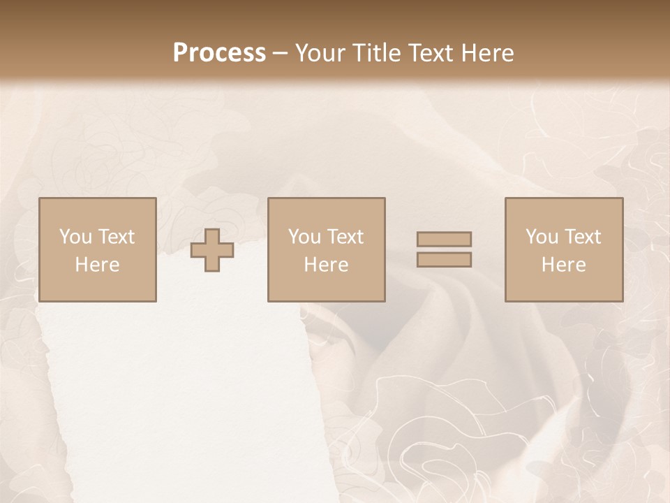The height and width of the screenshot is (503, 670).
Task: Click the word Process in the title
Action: [219, 53]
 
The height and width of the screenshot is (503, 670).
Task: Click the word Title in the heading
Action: [378, 53]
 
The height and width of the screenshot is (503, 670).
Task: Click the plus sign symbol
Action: [212, 250]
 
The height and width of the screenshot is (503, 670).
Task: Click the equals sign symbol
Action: [444, 249]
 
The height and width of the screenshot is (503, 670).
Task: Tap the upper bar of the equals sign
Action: [444, 239]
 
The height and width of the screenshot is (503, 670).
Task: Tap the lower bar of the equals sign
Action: [444, 260]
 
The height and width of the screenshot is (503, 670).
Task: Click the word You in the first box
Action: [75, 237]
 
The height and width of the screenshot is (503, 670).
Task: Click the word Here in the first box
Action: [98, 265]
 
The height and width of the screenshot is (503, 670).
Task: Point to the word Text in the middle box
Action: [345, 237]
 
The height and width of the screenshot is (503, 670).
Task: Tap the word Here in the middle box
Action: [327, 265]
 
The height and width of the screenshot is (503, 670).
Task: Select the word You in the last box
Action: [542, 237]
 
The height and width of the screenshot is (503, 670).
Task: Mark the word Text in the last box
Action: [582, 237]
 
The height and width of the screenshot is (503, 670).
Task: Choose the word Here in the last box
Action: [564, 265]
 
